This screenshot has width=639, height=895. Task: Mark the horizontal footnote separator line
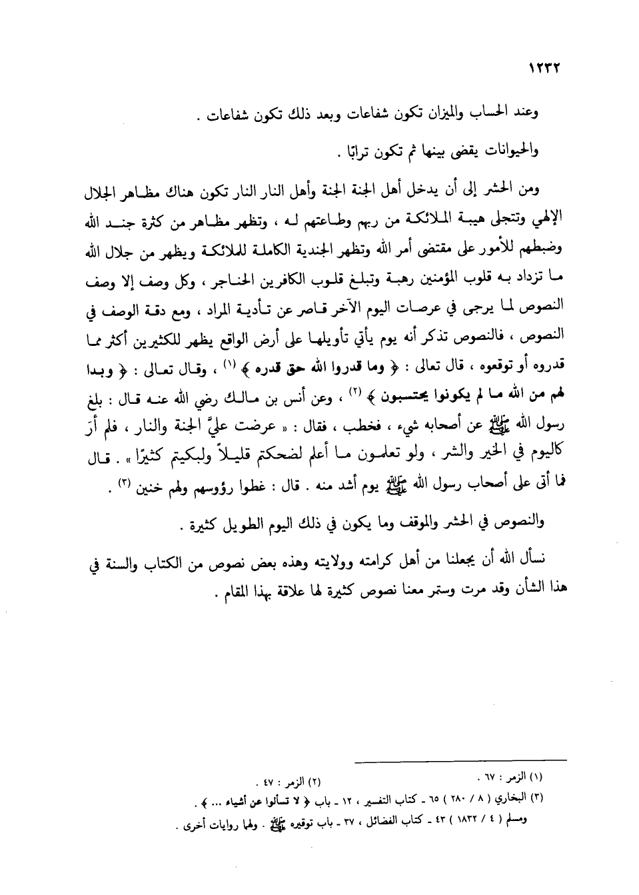point(460,760)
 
